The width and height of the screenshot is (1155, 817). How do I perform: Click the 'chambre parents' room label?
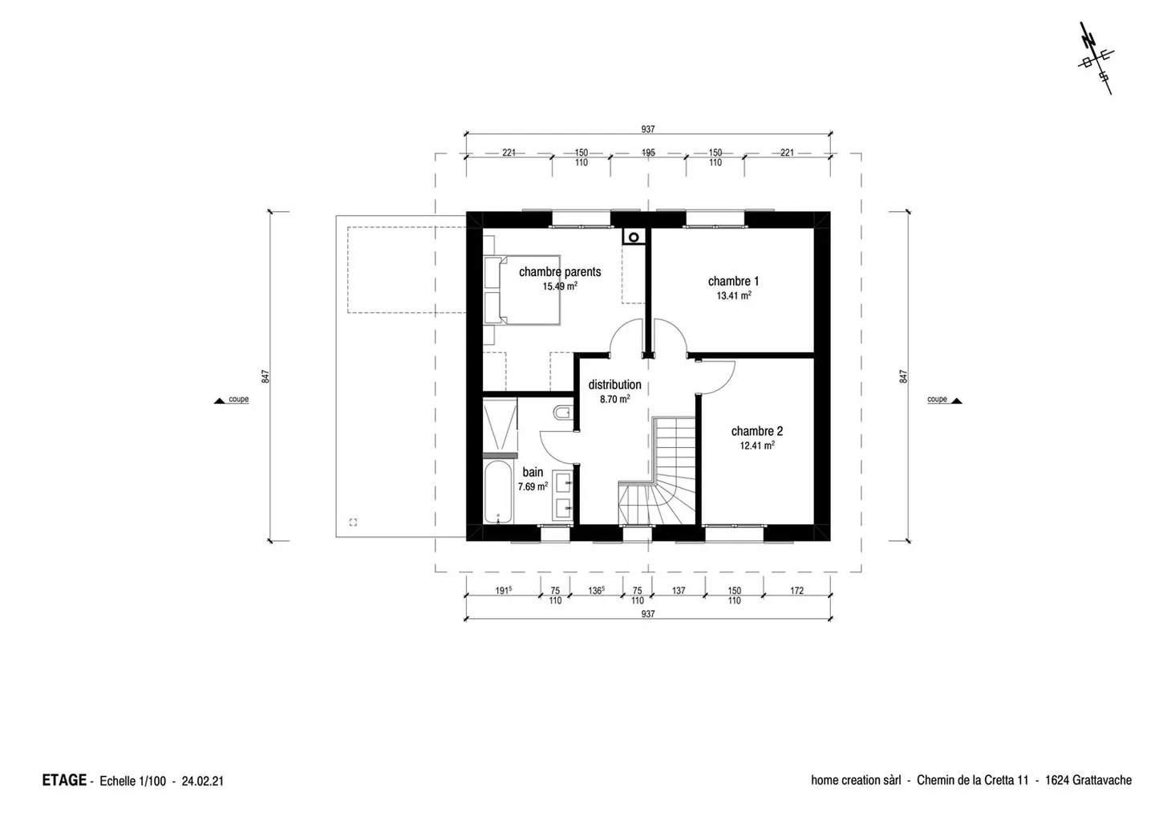point(560,272)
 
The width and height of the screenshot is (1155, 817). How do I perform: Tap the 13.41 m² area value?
point(734,295)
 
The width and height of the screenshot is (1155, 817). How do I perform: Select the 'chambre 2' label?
point(757,431)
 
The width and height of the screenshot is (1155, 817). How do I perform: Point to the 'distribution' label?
point(614,384)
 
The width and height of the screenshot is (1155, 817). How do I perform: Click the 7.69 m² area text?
point(533,486)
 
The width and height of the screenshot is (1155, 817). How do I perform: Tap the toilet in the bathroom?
point(562,412)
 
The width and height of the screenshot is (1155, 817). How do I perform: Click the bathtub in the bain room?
point(498,491)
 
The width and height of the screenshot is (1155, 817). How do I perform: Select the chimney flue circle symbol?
point(634,238)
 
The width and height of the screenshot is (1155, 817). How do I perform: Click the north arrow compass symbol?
point(1096,59)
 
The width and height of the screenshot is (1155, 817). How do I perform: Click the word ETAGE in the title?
point(64,780)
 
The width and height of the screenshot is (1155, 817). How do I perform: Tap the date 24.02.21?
point(203,781)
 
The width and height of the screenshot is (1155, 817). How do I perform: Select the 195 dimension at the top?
point(648,152)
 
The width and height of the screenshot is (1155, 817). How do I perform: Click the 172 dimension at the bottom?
point(796,590)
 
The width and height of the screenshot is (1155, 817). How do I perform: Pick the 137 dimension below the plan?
point(679,590)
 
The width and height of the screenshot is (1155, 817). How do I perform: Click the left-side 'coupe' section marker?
point(232,400)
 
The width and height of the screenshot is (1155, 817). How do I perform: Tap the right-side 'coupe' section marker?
point(945,400)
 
